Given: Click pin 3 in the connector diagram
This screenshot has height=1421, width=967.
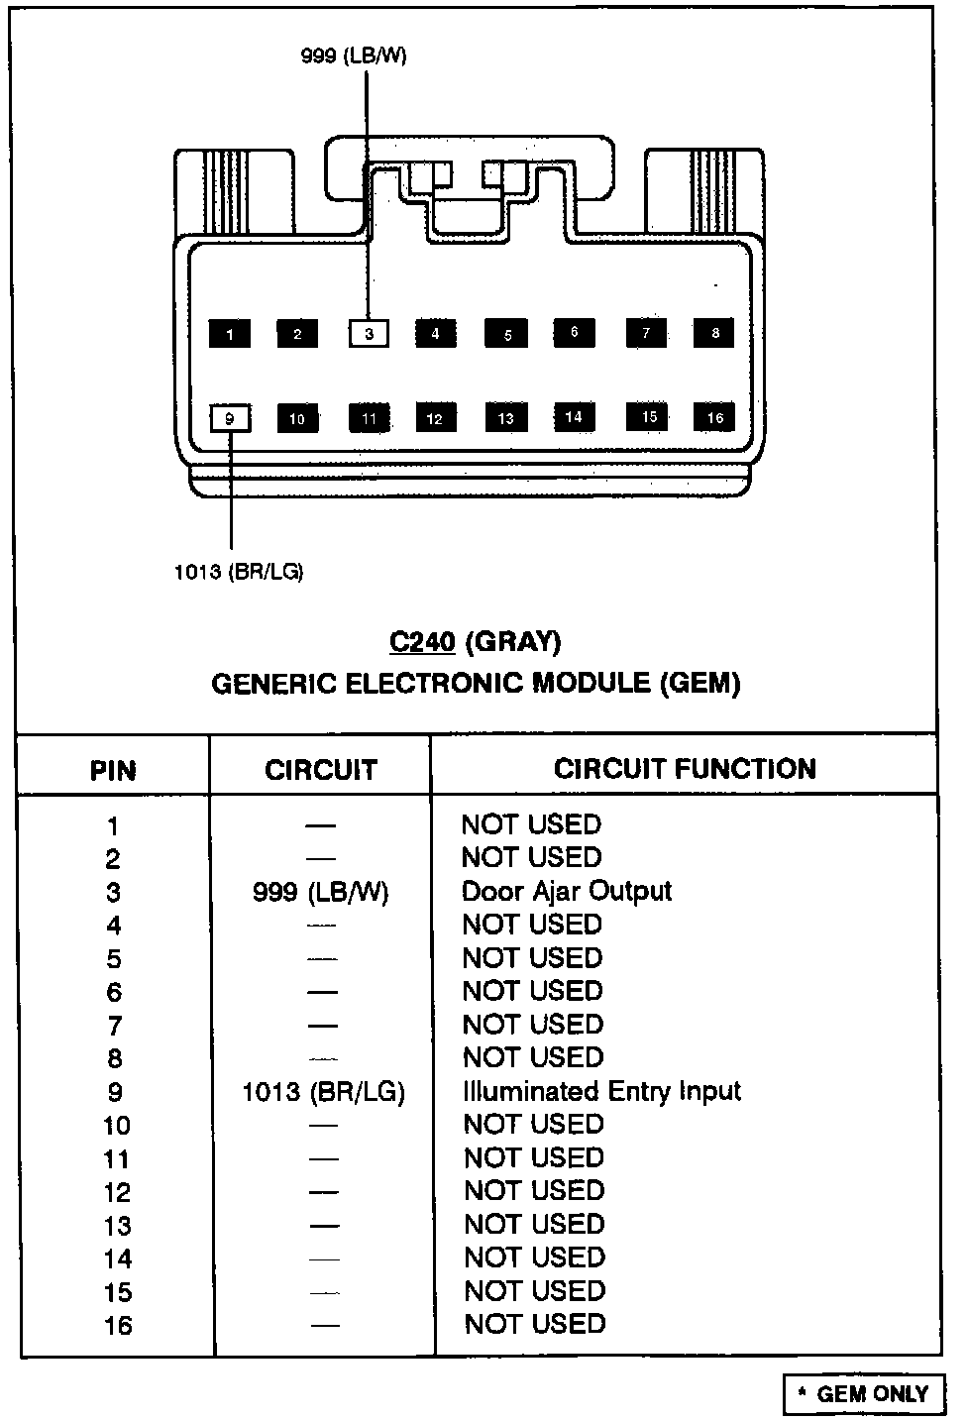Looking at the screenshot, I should point(369,333).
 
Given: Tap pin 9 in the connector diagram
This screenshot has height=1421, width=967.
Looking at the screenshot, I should point(230,418).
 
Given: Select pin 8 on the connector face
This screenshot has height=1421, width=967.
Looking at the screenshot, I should point(714,333).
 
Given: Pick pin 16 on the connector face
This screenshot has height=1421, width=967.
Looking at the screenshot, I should point(714,418).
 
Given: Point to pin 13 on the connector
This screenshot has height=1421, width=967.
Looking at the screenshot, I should point(506,418).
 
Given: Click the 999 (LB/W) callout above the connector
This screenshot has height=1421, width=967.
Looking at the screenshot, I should point(354,56).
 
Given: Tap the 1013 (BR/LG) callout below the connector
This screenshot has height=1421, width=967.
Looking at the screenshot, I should point(239,572).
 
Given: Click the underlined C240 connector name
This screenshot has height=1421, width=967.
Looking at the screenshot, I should point(422,642).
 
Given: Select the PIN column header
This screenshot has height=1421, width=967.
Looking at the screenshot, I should point(113,770).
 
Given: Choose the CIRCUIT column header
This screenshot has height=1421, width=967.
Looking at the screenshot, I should point(321,770).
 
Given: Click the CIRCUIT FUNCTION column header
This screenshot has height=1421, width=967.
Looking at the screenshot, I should point(685,769).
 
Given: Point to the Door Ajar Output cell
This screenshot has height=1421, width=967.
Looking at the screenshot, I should point(567,891).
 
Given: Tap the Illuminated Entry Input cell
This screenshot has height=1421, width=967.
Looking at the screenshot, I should point(601,1091).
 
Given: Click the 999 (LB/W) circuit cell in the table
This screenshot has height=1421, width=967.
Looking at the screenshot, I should point(321,892).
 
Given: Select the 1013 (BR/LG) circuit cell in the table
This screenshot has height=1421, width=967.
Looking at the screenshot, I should point(323,1092).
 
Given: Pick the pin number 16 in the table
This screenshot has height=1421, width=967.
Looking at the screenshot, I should point(117,1325).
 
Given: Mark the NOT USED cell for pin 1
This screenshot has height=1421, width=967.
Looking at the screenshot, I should point(532,824).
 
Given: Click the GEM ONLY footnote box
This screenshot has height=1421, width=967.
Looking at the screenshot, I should point(863,1394).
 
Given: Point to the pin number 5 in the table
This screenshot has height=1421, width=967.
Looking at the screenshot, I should point(114,959).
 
